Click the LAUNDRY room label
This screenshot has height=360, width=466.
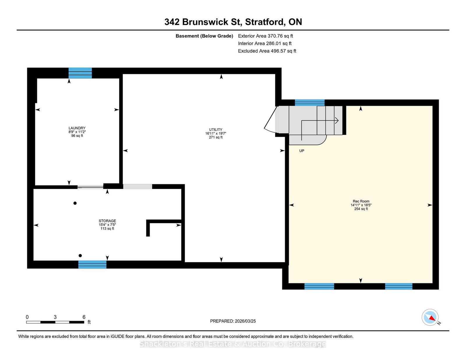click(77, 128)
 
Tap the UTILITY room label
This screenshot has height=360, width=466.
click(216, 130)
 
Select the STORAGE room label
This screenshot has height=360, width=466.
click(107, 221)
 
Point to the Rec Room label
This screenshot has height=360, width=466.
click(361, 201)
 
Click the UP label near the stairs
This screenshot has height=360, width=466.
click(301, 151)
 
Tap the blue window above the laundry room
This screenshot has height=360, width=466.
click(80, 73)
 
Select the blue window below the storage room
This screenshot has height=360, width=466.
click(92, 265)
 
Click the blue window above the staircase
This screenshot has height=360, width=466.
click(309, 103)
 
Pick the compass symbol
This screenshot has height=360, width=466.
click(430, 317)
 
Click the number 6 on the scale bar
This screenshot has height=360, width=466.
click(84, 317)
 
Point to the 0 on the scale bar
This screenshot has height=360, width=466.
click(27, 317)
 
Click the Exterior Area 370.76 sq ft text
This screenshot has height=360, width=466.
click(265, 36)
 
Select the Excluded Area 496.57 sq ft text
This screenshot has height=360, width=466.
click(267, 51)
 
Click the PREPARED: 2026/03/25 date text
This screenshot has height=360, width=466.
click(233, 321)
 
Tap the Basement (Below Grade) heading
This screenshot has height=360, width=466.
click(204, 36)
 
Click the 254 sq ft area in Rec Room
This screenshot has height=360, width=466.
click(361, 209)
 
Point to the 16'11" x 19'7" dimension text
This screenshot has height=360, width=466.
click(216, 133)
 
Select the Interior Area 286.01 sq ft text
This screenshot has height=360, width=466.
click(265, 43)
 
